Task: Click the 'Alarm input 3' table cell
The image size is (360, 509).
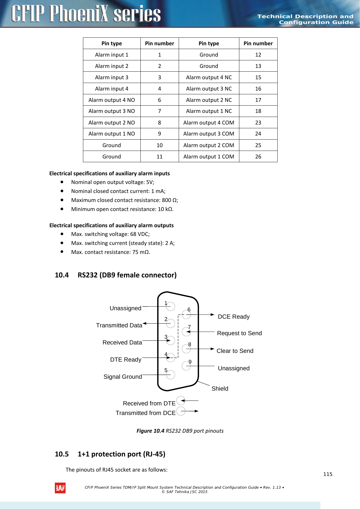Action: (112, 77)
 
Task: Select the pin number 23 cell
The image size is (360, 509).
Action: (258, 122)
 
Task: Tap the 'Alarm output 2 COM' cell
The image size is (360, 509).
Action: (209, 145)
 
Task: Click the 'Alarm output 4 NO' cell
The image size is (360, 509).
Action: (112, 100)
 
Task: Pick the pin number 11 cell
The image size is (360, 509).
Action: (160, 156)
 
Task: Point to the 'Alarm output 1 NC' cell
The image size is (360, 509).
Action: (209, 111)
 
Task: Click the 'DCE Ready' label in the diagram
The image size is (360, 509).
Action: (234, 317)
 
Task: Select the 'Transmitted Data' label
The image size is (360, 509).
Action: (119, 325)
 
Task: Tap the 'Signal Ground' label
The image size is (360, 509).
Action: (123, 377)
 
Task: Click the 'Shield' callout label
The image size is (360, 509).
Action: (220, 389)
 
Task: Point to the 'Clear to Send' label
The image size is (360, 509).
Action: (235, 351)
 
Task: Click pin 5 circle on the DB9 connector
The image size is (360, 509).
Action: (171, 375)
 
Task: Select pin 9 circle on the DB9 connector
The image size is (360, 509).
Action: (186, 366)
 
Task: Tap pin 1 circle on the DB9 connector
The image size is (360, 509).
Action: (171, 306)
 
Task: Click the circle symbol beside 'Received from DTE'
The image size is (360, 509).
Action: (181, 400)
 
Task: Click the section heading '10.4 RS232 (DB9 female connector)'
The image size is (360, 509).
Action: (116, 275)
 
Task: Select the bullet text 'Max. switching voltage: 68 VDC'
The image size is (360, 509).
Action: (110, 234)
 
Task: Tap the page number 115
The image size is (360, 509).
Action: (328, 474)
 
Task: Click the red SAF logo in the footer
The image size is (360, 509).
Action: (60, 488)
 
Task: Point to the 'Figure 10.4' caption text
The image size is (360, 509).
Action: (180, 431)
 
